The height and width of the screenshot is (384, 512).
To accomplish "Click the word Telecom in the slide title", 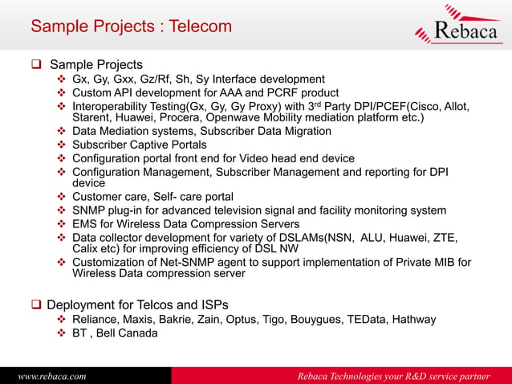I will pos(201,27).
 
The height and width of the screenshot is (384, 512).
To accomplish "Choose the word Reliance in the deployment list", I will pos(98,320).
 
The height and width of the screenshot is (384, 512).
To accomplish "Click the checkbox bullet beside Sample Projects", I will pos(38,64).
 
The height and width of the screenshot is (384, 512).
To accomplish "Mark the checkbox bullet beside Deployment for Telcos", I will pos(36,304).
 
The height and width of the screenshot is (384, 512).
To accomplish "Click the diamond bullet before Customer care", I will pos(63,197).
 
